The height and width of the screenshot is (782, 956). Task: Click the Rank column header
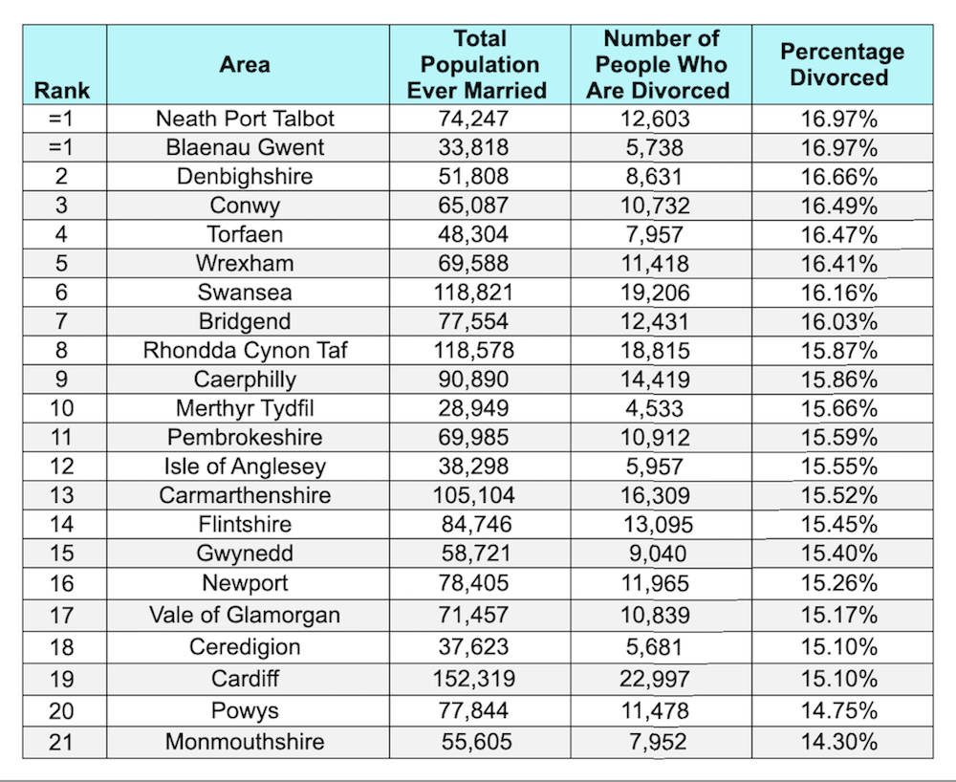click(x=62, y=91)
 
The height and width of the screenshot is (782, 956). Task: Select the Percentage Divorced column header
click(x=842, y=65)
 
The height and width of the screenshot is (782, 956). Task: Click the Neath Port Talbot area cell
click(x=246, y=119)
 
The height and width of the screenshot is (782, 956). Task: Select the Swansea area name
click(x=245, y=293)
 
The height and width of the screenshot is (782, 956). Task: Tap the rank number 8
click(x=60, y=351)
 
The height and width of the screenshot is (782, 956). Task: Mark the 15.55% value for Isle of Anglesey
click(x=839, y=467)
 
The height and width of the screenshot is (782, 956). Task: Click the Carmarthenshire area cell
click(x=245, y=495)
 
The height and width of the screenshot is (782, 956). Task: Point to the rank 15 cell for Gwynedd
click(x=60, y=554)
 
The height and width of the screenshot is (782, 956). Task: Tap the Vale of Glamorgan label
click(x=245, y=615)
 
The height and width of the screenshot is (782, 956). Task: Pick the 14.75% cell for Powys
click(x=839, y=710)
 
